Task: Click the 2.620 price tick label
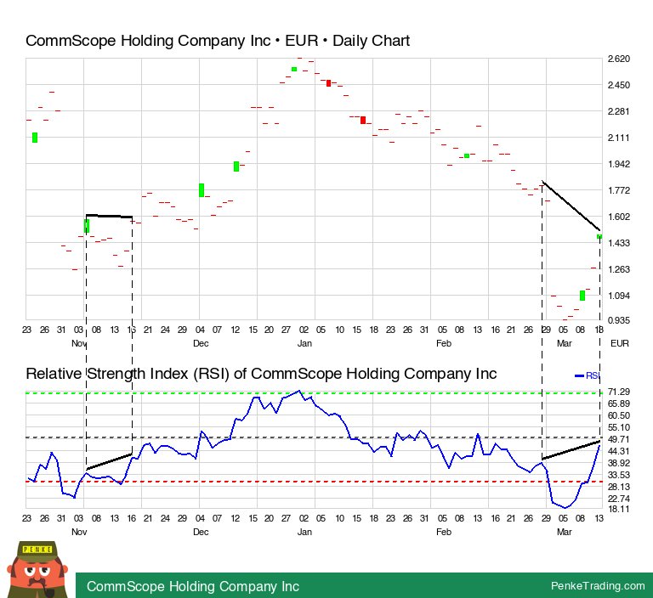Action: click(618, 59)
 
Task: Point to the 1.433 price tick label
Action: click(618, 243)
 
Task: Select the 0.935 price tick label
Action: click(618, 320)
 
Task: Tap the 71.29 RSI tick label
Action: click(618, 392)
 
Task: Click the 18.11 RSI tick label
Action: click(618, 509)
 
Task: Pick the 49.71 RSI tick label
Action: click(618, 438)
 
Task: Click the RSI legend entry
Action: click(588, 375)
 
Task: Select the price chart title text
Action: click(218, 41)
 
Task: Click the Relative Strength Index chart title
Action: click(261, 374)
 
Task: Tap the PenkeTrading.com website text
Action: click(599, 586)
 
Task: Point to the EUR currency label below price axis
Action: click(620, 342)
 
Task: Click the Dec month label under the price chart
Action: click(201, 342)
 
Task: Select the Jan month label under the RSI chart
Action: click(304, 531)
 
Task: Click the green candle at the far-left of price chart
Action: click(35, 137)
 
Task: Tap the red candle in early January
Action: click(328, 82)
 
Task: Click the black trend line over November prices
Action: click(109, 216)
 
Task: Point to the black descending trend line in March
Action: click(571, 206)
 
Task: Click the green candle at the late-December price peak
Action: click(293, 69)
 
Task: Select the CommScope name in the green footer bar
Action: click(193, 586)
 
